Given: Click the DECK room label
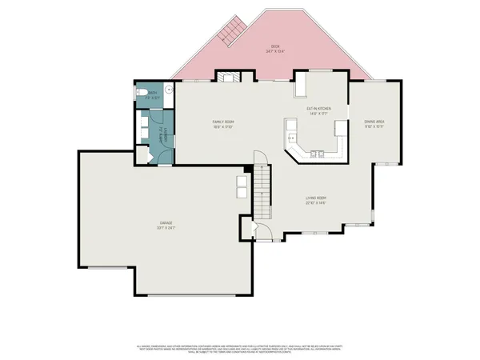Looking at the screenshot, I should (x=275, y=46).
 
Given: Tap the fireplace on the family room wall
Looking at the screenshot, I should (x=227, y=78).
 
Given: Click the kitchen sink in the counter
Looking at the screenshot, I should (x=291, y=137).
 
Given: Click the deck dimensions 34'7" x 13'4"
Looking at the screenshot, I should (x=275, y=51).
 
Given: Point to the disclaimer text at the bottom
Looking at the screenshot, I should (x=240, y=347).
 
